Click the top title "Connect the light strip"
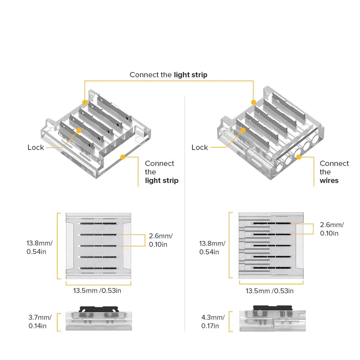pyautogui.click(x=168, y=75)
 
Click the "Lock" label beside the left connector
pyautogui.click(x=36, y=147)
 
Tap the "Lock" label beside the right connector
pyautogui.click(x=199, y=147)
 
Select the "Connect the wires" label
pyautogui.click(x=334, y=172)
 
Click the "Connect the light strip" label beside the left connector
pyautogui.click(x=161, y=172)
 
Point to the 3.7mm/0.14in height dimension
pyautogui.click(x=40, y=322)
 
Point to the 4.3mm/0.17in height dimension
pyautogui.click(x=213, y=322)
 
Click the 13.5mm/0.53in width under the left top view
pyautogui.click(x=97, y=291)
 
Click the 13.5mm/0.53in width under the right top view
pyautogui.click(x=269, y=291)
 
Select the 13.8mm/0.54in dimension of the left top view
pyautogui.click(x=39, y=247)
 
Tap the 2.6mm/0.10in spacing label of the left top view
pyautogui.click(x=161, y=240)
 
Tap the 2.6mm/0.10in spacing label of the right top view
pyautogui.click(x=332, y=229)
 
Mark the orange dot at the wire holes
pyautogui.click(x=298, y=157)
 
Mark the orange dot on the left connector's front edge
pyautogui.click(x=123, y=157)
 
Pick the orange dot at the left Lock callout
pyautogui.click(x=77, y=132)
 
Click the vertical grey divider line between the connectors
pyautogui.click(x=184, y=212)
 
